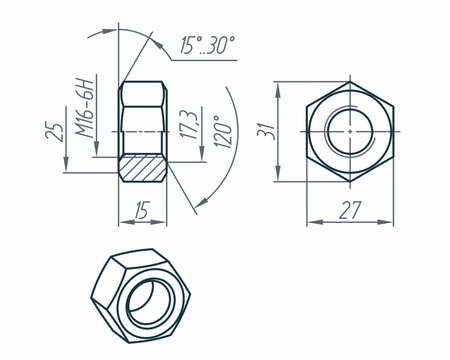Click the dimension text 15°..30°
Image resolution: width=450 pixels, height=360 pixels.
pos(207,45)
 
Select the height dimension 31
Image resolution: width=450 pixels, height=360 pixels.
pos(265,131)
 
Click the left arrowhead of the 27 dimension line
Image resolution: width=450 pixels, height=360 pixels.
pos(310,221)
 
